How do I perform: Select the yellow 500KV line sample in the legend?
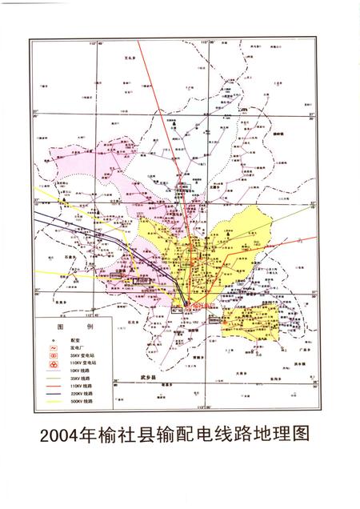click(53, 401)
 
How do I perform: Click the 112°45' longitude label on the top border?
click(98, 41)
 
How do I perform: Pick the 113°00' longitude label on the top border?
click(210, 41)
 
